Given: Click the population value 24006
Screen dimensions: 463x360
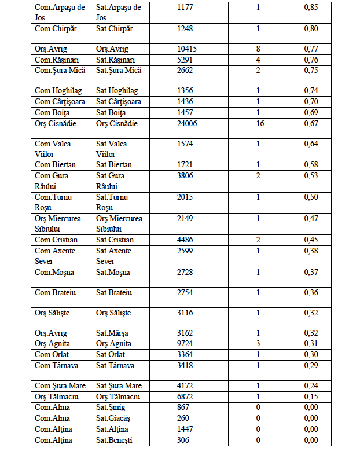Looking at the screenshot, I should click(187, 123).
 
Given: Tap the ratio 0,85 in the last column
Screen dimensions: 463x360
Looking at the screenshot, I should click(311, 7).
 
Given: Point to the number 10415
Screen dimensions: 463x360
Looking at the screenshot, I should click(187, 49).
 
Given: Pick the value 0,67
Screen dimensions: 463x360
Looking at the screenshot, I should click(311, 123).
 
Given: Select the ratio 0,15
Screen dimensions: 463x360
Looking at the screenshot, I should click(311, 396).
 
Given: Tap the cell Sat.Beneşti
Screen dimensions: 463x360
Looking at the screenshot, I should click(113, 440).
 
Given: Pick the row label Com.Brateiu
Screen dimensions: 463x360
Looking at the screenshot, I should click(54, 293).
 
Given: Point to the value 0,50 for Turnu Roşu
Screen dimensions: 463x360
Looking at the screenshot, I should click(311, 197).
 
